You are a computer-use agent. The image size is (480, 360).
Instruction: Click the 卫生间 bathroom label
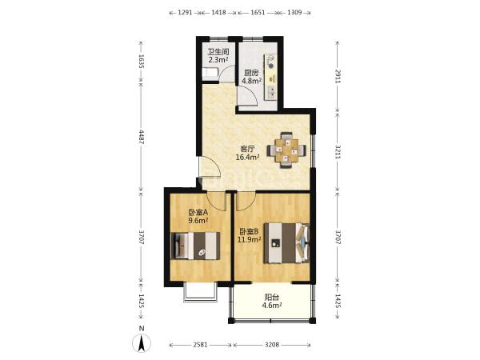(x=218, y=52)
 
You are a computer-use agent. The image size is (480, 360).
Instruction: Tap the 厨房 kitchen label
(x=251, y=73)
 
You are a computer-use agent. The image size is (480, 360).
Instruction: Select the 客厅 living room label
(x=248, y=149)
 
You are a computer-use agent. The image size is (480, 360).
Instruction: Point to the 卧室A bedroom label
(x=198, y=212)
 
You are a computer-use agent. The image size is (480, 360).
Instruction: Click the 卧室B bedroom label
(x=250, y=232)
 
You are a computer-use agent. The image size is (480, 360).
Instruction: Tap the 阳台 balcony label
(x=271, y=298)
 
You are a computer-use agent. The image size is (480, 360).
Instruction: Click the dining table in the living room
(x=286, y=150)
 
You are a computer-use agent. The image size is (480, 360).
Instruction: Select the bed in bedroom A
(x=195, y=246)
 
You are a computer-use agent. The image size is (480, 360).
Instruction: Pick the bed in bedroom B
(x=286, y=242)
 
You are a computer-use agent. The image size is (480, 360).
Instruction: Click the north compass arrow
(x=142, y=343)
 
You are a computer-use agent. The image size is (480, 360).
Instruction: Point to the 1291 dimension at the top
(x=185, y=13)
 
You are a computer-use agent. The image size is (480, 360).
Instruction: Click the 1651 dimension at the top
(x=258, y=13)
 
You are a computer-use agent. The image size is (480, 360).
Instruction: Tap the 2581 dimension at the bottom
(x=200, y=345)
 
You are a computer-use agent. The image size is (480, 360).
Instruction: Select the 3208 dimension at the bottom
(x=272, y=345)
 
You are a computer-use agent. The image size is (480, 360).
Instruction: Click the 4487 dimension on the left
(x=141, y=137)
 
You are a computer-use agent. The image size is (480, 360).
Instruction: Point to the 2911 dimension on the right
(x=338, y=76)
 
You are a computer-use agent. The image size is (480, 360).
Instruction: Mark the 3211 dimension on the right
(x=338, y=152)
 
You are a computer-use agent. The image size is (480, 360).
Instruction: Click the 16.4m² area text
(x=248, y=158)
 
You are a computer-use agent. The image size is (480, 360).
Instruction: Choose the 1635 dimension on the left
(x=141, y=61)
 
